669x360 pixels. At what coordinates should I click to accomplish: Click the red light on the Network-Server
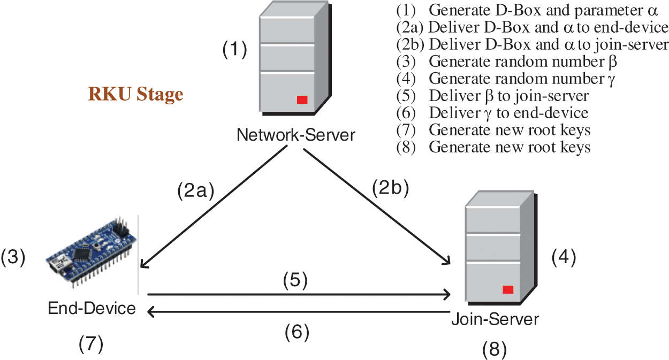[x=302, y=99]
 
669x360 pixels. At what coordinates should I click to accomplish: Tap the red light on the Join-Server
[x=508, y=289]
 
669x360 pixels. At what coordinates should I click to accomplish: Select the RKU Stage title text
[x=135, y=95]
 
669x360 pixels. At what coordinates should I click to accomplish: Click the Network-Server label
[x=295, y=135]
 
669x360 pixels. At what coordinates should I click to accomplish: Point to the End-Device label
[x=92, y=308]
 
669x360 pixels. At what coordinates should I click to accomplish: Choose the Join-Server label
[x=495, y=319]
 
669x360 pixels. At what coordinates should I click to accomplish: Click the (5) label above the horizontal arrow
[x=295, y=281]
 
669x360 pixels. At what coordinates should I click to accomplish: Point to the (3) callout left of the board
[x=13, y=257]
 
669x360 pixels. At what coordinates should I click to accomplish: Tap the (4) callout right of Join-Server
[x=564, y=258]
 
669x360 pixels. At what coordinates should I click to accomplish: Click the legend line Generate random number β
[x=507, y=61]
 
